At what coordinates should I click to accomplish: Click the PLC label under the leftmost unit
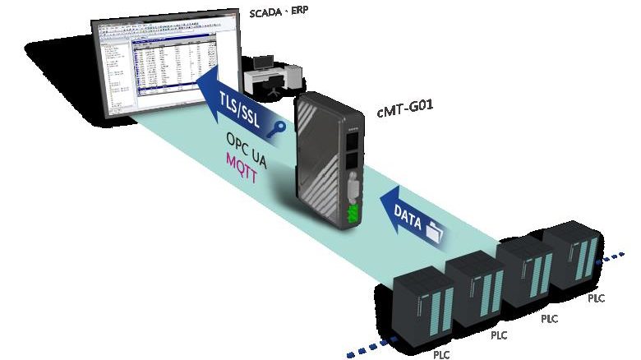(442, 355)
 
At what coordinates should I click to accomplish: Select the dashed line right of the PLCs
(618, 252)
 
